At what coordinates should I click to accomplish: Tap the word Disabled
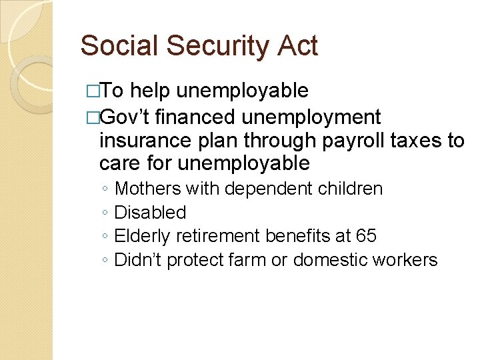coord(150,213)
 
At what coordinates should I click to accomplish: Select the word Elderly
coord(140,236)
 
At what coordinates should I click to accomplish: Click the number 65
coord(366,236)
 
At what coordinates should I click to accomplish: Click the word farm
coord(246,260)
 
